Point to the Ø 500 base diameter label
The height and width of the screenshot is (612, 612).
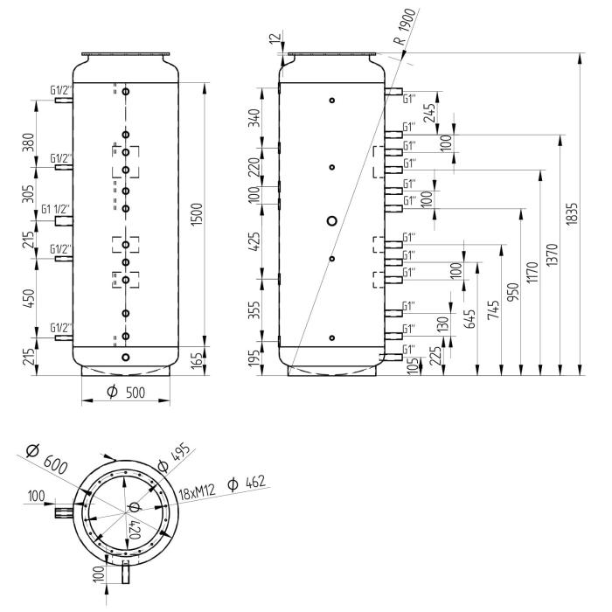click(x=126, y=393)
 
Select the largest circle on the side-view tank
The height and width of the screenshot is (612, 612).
click(x=331, y=221)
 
